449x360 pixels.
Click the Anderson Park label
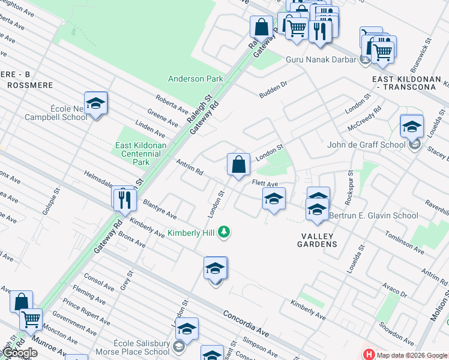[195, 79]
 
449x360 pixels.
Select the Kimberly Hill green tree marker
[224, 232]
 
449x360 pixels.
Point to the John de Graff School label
[366, 145]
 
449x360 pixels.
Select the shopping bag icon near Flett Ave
[238, 164]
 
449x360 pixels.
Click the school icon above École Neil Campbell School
[95, 104]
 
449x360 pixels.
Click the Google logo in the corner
[19, 352]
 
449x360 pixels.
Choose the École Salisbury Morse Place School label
[141, 347]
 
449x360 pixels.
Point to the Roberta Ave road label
[172, 104]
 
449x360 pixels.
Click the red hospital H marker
[369, 355]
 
